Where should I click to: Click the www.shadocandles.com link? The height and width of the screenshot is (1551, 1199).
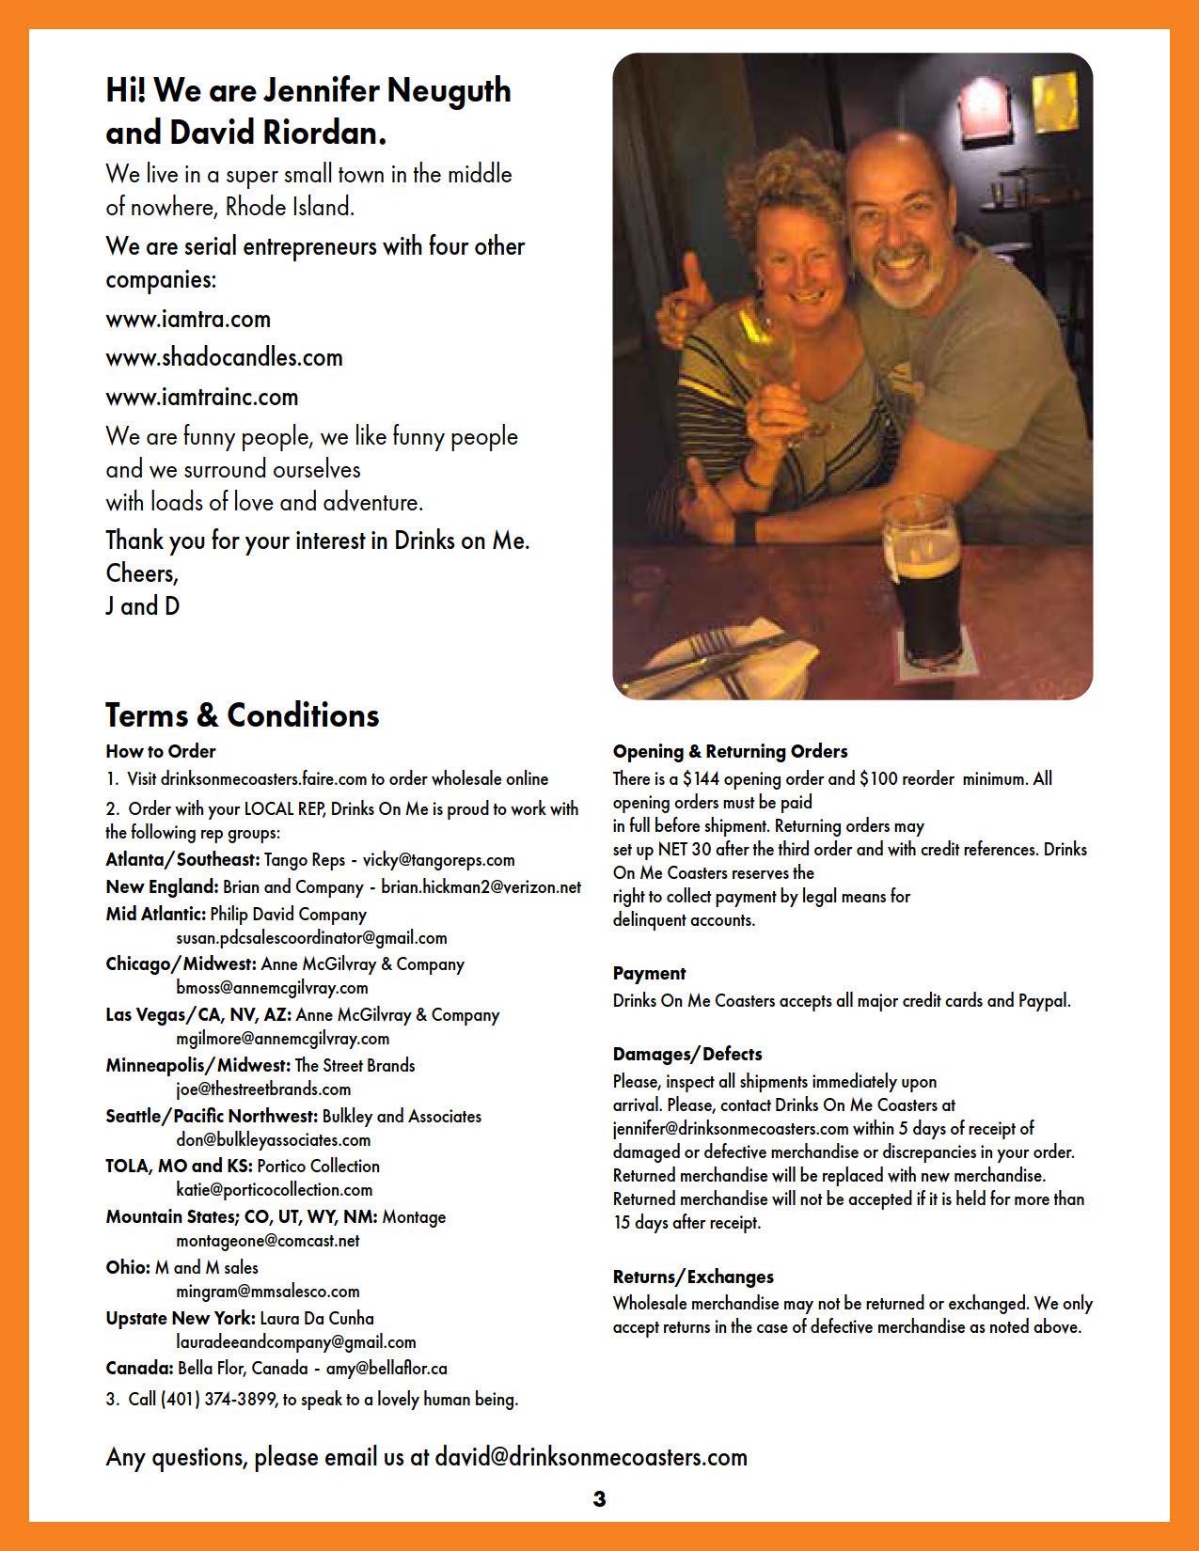tap(224, 357)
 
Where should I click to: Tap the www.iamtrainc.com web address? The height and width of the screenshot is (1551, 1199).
tap(201, 397)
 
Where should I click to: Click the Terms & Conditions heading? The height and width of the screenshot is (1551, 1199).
tap(242, 715)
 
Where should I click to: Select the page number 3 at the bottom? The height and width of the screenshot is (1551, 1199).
tap(600, 1498)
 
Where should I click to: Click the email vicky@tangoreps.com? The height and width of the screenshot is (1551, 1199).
tap(438, 859)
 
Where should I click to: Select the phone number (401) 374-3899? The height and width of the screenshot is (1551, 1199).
tap(218, 1399)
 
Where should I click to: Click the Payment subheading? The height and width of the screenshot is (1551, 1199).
tap(649, 973)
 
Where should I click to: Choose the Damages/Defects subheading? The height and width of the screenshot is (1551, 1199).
tap(686, 1054)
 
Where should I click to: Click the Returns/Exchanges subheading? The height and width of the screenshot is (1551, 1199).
tap(693, 1277)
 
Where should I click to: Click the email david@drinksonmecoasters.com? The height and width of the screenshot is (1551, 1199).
tap(591, 1457)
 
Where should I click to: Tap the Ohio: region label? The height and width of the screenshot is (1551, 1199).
tap(128, 1267)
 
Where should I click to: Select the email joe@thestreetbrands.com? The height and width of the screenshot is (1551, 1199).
tap(263, 1089)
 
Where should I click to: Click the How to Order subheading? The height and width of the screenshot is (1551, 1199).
tap(161, 751)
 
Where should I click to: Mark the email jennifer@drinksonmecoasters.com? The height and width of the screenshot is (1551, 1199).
tap(731, 1128)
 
